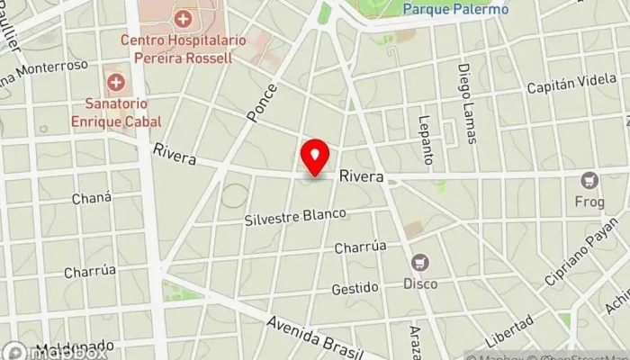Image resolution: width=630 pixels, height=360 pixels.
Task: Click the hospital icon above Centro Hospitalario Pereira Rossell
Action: (x=184, y=18)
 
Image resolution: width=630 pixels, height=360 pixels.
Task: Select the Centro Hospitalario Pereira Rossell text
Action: (x=177, y=49)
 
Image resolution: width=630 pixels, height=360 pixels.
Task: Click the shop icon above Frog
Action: (x=589, y=180)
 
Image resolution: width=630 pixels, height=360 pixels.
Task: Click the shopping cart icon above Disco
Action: (x=420, y=264)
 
